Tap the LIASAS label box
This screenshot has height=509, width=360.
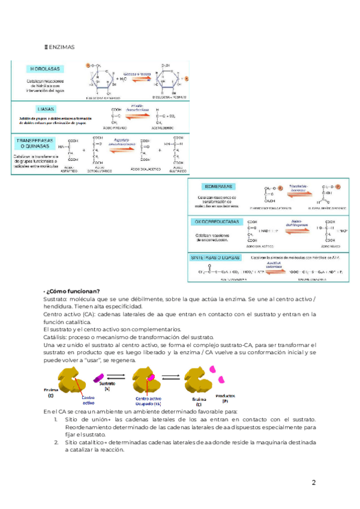[x=46, y=109]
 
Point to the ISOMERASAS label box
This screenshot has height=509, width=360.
[x=218, y=186]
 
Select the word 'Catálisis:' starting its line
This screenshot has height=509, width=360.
[x=58, y=337]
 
